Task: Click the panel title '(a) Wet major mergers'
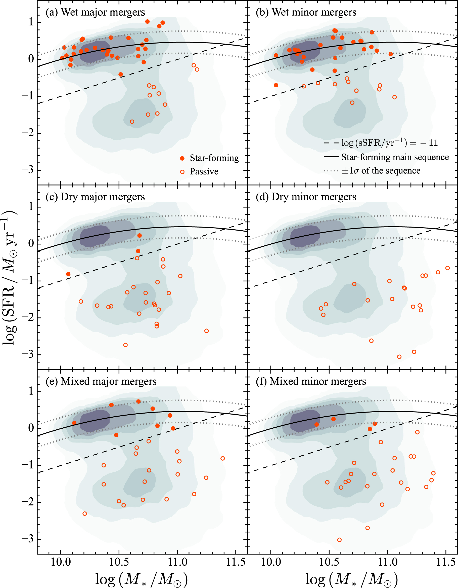(x=95, y=12)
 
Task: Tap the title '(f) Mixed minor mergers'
(x=318, y=382)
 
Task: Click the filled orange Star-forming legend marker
(x=182, y=158)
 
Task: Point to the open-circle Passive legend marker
(x=182, y=172)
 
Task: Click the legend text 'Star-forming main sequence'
(x=395, y=157)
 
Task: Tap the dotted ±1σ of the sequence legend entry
(x=373, y=171)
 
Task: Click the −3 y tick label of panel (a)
(x=28, y=170)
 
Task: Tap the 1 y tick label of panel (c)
(x=31, y=207)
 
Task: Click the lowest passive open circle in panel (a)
(x=132, y=122)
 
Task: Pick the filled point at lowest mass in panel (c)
(x=68, y=274)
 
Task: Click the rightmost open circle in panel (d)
(x=447, y=268)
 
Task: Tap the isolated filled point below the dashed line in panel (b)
(x=276, y=85)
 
